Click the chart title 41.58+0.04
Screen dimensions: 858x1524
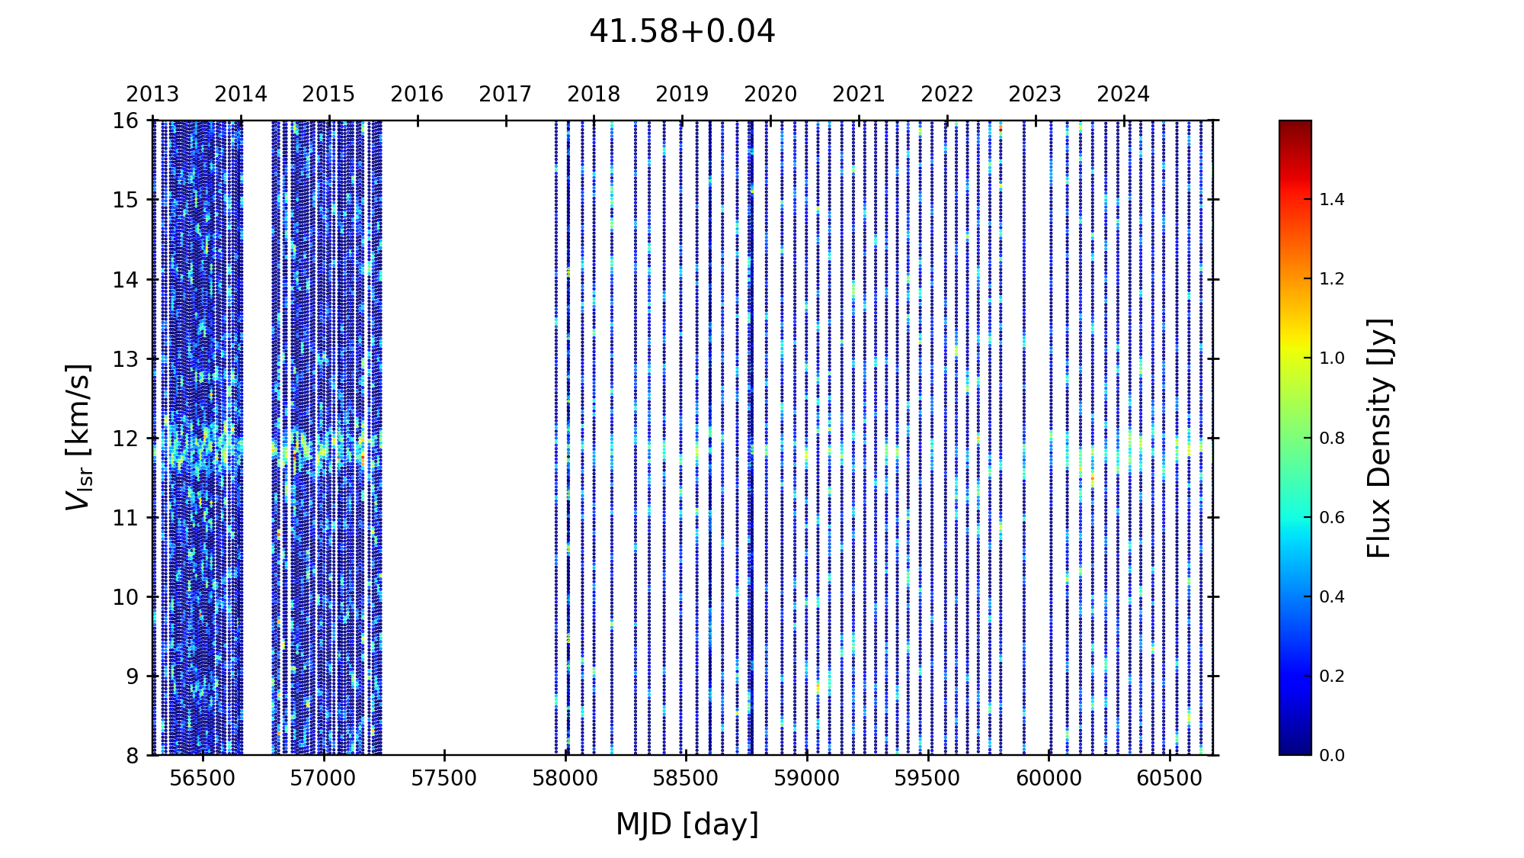(x=682, y=32)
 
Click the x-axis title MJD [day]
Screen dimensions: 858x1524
(x=687, y=824)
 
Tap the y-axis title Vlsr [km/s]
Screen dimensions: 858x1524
(x=78, y=437)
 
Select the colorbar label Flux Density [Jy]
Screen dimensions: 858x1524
(x=1379, y=438)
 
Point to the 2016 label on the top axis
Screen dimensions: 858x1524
(x=417, y=95)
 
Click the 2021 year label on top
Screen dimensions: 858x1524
(x=858, y=95)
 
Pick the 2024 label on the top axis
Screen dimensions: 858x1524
(x=1122, y=95)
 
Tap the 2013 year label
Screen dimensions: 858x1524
(x=152, y=95)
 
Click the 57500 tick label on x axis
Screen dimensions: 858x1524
(x=444, y=779)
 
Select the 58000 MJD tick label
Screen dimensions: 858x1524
(x=565, y=779)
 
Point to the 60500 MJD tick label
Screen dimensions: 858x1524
(x=1169, y=779)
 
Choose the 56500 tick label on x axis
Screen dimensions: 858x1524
(x=203, y=779)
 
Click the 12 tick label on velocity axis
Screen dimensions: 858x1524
(x=126, y=439)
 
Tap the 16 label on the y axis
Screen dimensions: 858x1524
(x=126, y=121)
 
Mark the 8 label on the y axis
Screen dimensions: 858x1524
(x=132, y=756)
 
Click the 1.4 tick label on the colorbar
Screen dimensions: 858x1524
(x=1332, y=200)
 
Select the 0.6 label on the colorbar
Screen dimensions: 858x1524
(x=1332, y=518)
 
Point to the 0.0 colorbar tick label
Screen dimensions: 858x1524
(x=1332, y=756)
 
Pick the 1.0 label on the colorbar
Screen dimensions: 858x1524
(x=1332, y=358)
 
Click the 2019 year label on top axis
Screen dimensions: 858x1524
(x=682, y=95)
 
